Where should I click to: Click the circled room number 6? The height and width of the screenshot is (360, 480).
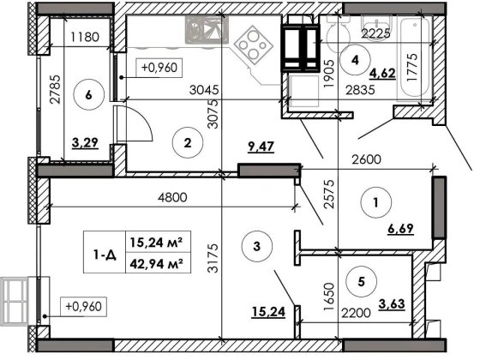tap(89, 96)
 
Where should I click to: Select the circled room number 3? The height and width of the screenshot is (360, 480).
tap(258, 248)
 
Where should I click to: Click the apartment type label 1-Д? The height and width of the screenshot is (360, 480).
tap(106, 252)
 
